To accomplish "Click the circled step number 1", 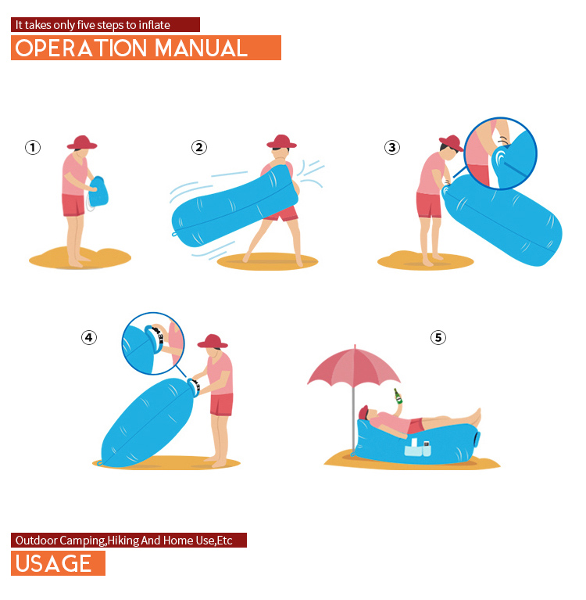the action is (x=33, y=147).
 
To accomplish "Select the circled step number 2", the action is (x=198, y=147).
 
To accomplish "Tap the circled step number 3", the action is (x=391, y=147).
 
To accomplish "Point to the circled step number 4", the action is (x=89, y=337).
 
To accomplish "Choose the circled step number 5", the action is (x=438, y=337).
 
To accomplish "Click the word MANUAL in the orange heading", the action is (x=201, y=49).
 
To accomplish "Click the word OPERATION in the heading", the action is (x=81, y=49).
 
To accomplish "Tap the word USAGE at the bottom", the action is (x=53, y=563).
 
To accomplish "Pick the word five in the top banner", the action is (x=86, y=25).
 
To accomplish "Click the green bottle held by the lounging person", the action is (x=398, y=396).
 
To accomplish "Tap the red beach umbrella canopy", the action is (x=354, y=366).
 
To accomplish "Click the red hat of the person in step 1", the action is (x=82, y=142).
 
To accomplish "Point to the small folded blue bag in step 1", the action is (x=98, y=192).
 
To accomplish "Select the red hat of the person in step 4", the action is (x=213, y=341).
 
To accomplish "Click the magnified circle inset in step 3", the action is (x=502, y=153).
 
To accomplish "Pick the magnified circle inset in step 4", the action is (x=153, y=343).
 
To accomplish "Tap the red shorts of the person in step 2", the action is (x=284, y=214).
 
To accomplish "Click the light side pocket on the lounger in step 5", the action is (x=417, y=447).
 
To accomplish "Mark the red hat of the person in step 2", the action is (x=281, y=141).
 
